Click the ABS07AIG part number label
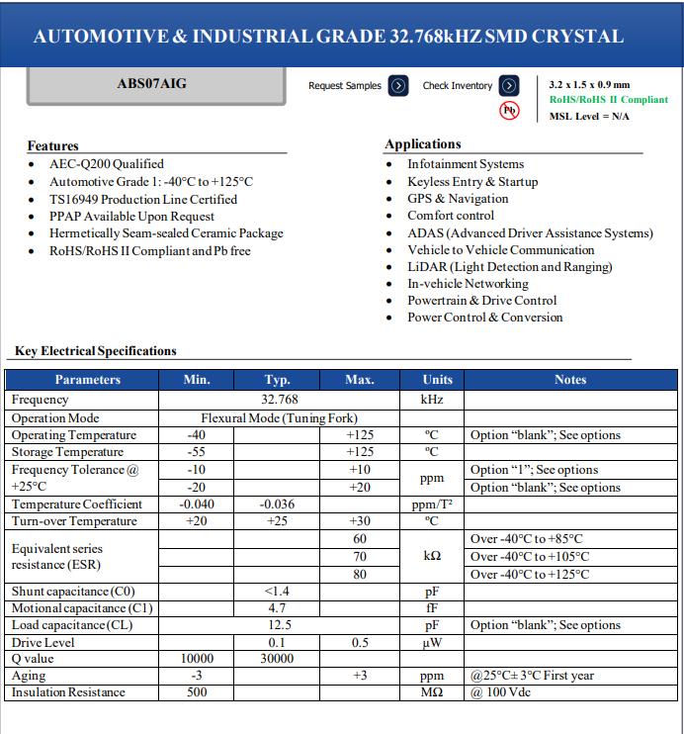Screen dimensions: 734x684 click(151, 84)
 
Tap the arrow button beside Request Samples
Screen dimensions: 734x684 click(397, 85)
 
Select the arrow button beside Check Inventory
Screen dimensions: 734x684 click(509, 85)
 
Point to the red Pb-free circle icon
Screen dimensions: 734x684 click(510, 110)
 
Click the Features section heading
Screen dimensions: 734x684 click(52, 145)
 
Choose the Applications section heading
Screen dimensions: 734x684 click(423, 144)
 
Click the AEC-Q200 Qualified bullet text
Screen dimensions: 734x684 click(107, 164)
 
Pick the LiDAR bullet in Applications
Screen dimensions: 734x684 click(509, 267)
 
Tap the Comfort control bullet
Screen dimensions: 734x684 click(451, 216)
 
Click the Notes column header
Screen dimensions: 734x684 click(570, 380)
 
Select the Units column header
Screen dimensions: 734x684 click(437, 380)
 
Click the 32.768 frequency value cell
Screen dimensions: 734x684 click(279, 401)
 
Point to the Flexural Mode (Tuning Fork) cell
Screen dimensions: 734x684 click(279, 418)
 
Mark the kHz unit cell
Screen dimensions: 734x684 click(432, 401)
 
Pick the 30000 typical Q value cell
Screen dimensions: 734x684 click(277, 659)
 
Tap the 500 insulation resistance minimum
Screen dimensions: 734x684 click(197, 692)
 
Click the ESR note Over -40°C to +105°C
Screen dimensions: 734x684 click(530, 557)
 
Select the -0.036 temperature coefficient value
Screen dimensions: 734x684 click(277, 505)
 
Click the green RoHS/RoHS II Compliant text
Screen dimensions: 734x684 click(608, 100)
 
